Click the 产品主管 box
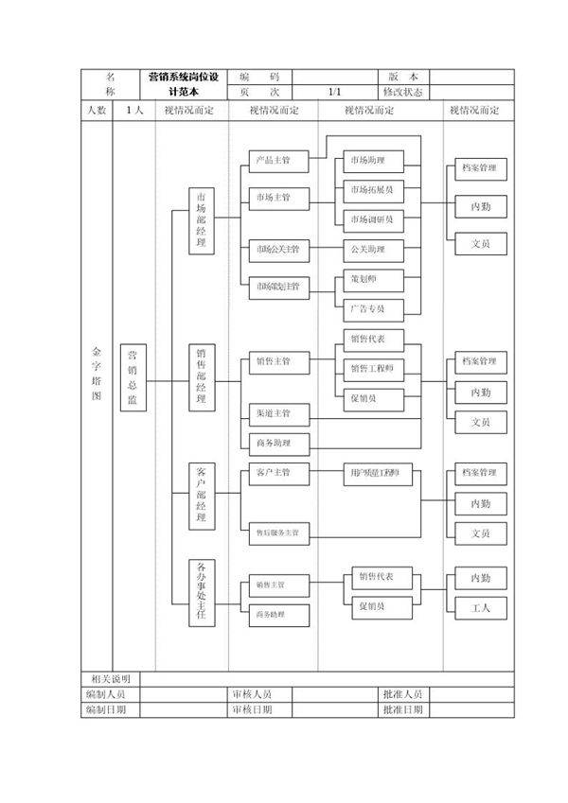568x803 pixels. pyautogui.click(x=273, y=161)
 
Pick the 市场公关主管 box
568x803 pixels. pyautogui.click(x=277, y=250)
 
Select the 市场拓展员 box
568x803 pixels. pyautogui.click(x=371, y=190)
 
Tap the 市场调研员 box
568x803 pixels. pyautogui.click(x=371, y=219)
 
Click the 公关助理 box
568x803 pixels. pyautogui.click(x=371, y=250)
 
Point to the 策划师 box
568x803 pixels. pyautogui.click(x=371, y=280)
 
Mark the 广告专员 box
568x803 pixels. pyautogui.click(x=371, y=308)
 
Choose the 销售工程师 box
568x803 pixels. pyautogui.click(x=371, y=368)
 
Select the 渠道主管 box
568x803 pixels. pyautogui.click(x=273, y=413)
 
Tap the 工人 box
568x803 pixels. pyautogui.click(x=480, y=607)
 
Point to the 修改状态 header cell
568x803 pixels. pyautogui.click(x=403, y=93)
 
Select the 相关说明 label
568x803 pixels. pyautogui.click(x=111, y=679)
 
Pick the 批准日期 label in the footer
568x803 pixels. pyautogui.click(x=403, y=709)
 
